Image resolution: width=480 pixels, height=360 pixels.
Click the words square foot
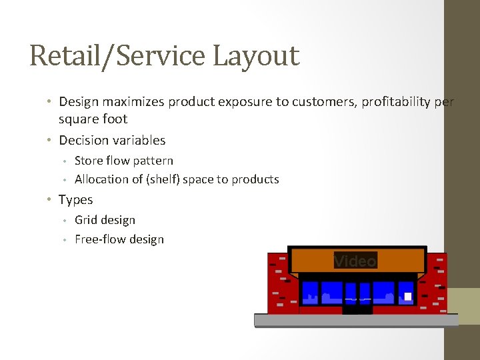93,119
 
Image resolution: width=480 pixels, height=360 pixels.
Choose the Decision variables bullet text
112,140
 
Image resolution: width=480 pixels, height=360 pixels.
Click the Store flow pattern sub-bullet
124,161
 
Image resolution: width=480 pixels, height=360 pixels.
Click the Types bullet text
75,200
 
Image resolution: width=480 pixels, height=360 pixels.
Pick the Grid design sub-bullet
105,220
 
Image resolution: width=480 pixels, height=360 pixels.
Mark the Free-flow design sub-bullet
119,239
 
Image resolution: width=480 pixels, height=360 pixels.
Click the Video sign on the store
355,261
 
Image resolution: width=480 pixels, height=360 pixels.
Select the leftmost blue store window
310,292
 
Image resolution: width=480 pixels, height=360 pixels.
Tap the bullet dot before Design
50,102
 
